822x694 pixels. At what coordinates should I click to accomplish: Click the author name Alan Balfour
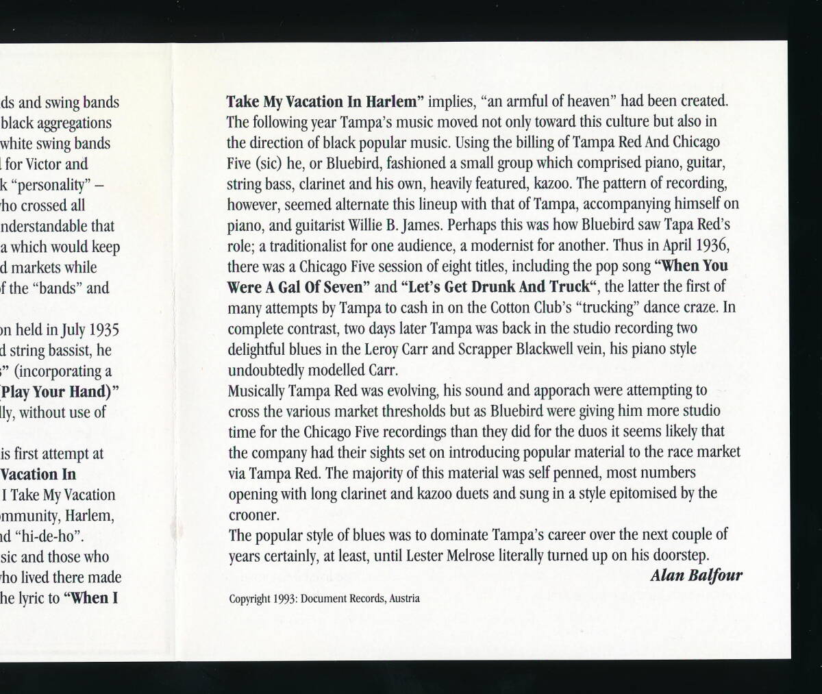click(x=695, y=575)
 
